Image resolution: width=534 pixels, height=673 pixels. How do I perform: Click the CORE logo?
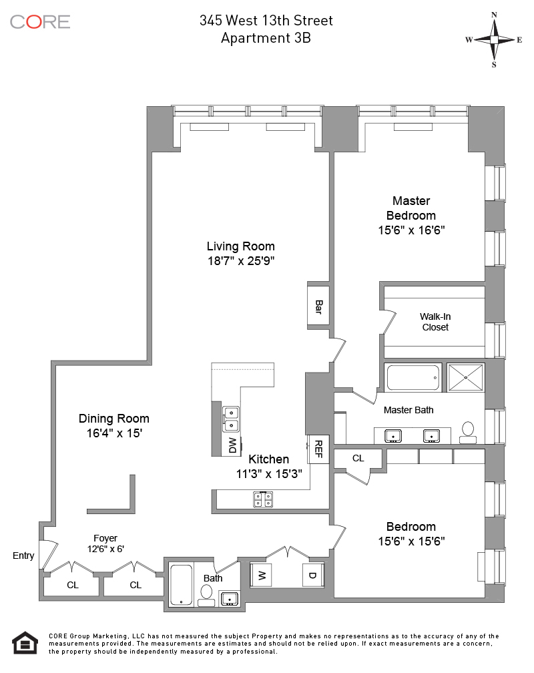click(40, 22)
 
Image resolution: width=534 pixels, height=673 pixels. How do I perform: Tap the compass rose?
click(494, 40)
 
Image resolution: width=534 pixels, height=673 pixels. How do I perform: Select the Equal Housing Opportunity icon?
click(25, 643)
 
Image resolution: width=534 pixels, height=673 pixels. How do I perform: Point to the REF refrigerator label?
click(318, 449)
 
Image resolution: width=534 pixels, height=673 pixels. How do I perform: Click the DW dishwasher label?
click(233, 445)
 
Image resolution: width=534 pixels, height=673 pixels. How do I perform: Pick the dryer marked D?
click(313, 576)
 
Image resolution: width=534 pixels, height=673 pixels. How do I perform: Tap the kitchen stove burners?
click(263, 499)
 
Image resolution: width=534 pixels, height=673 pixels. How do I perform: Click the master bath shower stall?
click(466, 378)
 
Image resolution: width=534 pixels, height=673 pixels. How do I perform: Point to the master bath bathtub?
click(413, 378)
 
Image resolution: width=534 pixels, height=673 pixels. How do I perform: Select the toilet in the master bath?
click(468, 433)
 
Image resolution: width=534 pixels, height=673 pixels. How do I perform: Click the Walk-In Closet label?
click(435, 322)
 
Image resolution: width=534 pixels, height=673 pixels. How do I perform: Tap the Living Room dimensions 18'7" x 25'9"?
click(241, 261)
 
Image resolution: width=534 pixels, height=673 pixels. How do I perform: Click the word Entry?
click(23, 555)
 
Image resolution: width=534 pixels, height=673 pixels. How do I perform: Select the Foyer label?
click(105, 538)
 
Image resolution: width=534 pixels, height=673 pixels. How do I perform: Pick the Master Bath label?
click(409, 411)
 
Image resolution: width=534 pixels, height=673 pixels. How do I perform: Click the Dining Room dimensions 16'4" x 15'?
click(114, 433)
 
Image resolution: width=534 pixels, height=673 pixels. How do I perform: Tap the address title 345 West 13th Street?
click(266, 21)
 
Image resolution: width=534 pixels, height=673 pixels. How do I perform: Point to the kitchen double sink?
click(231, 419)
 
